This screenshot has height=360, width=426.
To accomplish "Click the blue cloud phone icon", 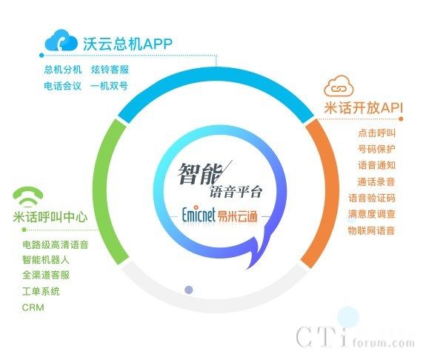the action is tap(61, 41).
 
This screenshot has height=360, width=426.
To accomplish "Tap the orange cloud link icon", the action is tap(339, 86).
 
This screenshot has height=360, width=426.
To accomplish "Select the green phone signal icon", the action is tap(27, 197).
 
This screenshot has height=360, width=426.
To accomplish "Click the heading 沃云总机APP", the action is tap(127, 44).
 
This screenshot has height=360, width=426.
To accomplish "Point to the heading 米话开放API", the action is tap(364, 108).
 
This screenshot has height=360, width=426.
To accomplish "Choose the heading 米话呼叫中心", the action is tap(50, 217).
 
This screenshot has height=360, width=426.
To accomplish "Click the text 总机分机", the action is tap(63, 70).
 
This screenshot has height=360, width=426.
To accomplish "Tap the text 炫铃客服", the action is tap(110, 70).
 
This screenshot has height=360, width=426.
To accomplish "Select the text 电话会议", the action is tap(62, 86).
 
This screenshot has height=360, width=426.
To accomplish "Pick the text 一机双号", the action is tap(109, 86).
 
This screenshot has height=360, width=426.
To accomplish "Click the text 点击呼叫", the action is tap(376, 133).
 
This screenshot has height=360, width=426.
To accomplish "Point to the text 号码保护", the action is tap(376, 149).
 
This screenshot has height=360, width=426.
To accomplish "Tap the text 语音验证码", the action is tap(372, 198).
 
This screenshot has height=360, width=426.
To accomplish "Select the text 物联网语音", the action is tap(371, 230).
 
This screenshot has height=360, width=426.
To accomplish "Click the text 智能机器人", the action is tap(46, 260).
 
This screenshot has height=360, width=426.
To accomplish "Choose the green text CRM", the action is tap(33, 307).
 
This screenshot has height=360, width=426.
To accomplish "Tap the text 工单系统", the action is tap(41, 292).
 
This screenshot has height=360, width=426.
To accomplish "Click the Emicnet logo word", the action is tap(199, 214).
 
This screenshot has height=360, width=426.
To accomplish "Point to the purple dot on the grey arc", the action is tap(189, 290).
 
